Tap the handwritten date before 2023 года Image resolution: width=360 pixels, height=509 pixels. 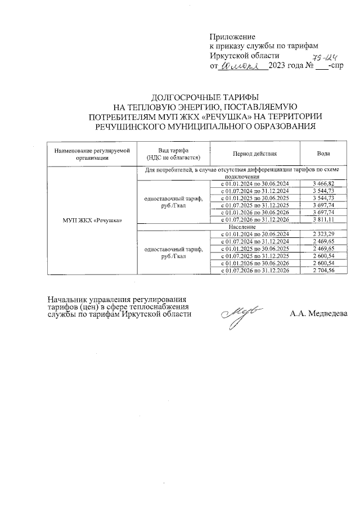click(x=243, y=66)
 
